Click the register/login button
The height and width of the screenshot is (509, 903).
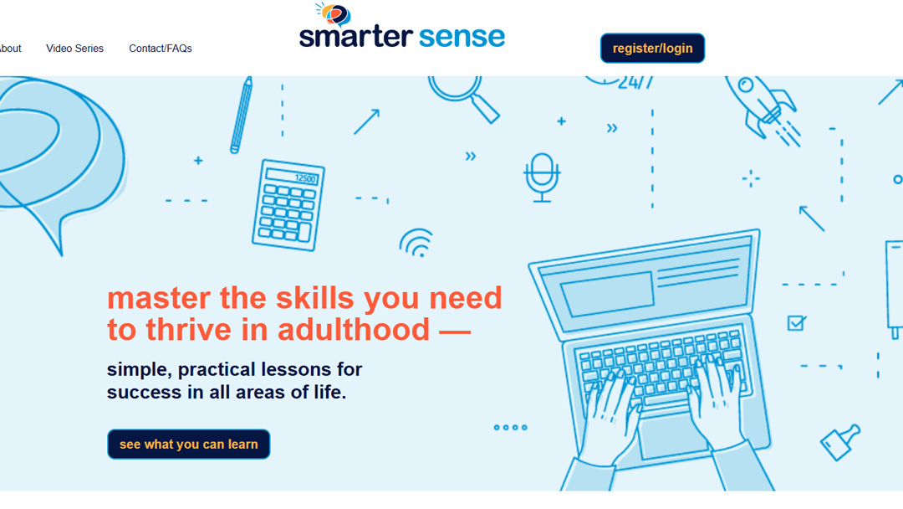coord(652,48)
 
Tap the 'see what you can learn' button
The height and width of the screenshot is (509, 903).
coord(188,444)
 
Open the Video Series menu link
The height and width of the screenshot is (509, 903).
coord(75,49)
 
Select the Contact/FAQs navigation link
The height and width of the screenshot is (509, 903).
coord(160,49)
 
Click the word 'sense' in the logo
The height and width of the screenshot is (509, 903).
coord(462,36)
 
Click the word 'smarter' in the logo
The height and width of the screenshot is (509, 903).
coord(356,36)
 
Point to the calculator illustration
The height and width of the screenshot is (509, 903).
coord(288,205)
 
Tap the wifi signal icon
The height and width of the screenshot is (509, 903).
coord(416,243)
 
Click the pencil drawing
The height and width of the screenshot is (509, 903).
coord(242,116)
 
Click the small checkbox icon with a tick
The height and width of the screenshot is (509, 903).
coord(797,323)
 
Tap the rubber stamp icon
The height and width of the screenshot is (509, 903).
coord(840,442)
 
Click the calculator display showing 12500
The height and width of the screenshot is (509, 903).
coord(292,177)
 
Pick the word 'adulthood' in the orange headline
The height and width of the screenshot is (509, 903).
coord(354,329)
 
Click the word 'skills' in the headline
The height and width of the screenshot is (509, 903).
coord(315,298)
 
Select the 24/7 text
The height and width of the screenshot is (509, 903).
coord(635,83)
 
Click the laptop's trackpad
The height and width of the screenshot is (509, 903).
coord(671,434)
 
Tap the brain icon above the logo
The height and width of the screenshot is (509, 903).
coord(334,14)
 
